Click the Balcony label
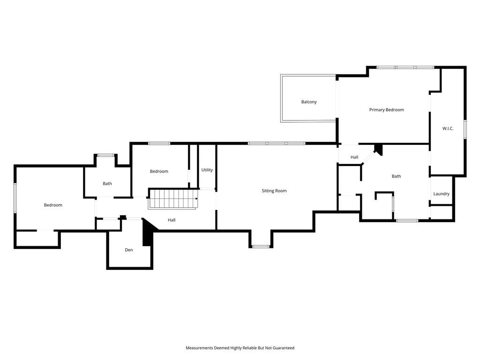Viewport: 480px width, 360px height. [x=309, y=102]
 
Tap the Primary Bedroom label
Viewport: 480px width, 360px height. [x=386, y=110]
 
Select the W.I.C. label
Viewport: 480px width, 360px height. [x=448, y=128]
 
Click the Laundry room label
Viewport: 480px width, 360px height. [x=441, y=194]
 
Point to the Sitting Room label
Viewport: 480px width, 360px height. [x=274, y=191]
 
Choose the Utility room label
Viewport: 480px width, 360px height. [x=207, y=170]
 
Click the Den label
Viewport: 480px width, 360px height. [x=129, y=250]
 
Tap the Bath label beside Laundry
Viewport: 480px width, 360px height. [x=396, y=176]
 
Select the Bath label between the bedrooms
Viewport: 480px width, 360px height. [x=107, y=183]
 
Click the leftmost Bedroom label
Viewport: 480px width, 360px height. [x=53, y=205]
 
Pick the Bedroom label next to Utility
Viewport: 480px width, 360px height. [x=159, y=171]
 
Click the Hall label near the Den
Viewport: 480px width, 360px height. [x=172, y=220]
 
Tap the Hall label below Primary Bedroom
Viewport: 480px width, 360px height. [x=354, y=157]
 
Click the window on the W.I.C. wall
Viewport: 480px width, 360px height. [x=465, y=129]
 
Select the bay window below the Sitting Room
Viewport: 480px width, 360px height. [x=261, y=247]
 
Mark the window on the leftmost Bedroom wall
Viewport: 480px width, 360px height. [x=15, y=198]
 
